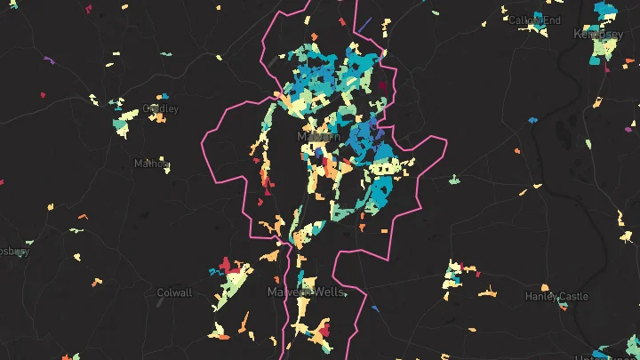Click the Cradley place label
click(161, 108)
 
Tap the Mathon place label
click(150, 164)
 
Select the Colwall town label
click(173, 292)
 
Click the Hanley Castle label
click(556, 296)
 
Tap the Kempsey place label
click(597, 34)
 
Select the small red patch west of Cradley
click(42, 95)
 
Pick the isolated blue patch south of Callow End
click(533, 119)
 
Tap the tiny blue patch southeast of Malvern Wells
click(376, 309)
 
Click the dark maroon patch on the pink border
click(383, 86)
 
